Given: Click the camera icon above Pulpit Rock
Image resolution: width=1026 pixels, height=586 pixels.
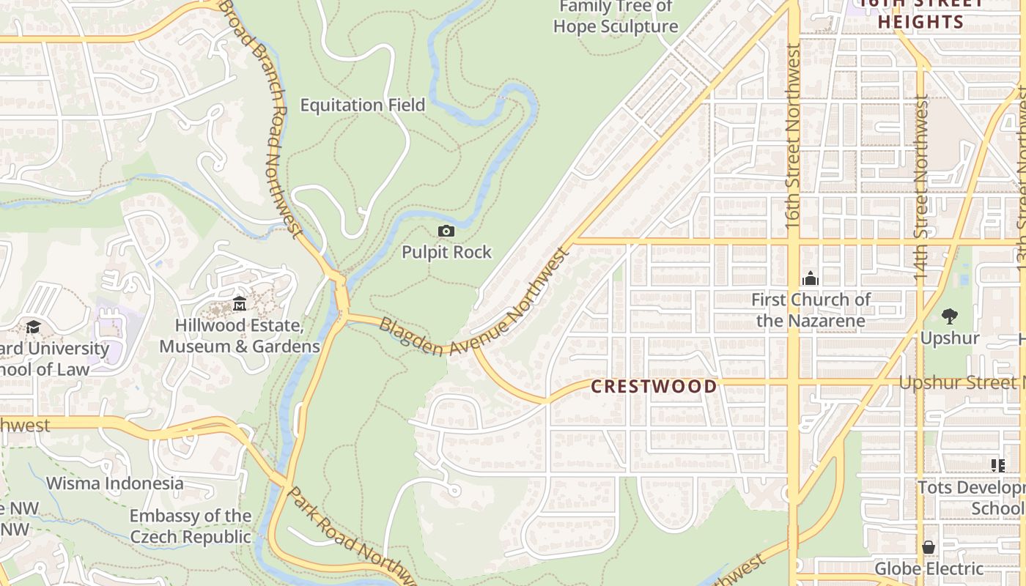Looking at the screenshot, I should pyautogui.click(x=446, y=231).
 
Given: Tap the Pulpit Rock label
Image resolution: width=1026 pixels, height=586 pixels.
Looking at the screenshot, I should pyautogui.click(x=446, y=252).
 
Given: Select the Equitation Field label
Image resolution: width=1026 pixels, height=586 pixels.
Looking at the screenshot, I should pyautogui.click(x=363, y=105).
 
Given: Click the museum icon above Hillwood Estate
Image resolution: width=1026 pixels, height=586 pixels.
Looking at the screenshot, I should pyautogui.click(x=239, y=303).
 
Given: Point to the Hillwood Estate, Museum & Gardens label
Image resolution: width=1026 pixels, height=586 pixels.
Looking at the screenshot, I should pyautogui.click(x=240, y=335).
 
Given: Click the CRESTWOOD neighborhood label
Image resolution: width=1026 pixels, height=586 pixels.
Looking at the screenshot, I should pyautogui.click(x=654, y=387).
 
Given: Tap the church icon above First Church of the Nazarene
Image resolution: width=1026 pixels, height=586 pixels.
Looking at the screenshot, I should pyautogui.click(x=810, y=278).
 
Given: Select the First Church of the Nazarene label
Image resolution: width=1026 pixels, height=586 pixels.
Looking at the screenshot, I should pyautogui.click(x=811, y=310).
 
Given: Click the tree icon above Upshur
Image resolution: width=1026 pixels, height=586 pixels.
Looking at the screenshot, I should pyautogui.click(x=950, y=316).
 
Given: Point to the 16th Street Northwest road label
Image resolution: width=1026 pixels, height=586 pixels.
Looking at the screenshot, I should pyautogui.click(x=793, y=136).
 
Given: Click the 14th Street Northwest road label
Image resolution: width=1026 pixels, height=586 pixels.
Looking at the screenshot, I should pyautogui.click(x=921, y=190).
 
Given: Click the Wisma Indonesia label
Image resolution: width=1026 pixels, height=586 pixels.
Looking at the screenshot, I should pyautogui.click(x=115, y=483).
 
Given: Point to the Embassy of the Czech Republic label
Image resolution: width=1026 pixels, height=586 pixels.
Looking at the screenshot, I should pyautogui.click(x=191, y=526).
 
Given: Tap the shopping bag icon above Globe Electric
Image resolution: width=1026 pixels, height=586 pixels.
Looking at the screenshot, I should pyautogui.click(x=929, y=547).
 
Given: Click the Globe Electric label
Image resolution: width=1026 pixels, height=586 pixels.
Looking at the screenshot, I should pyautogui.click(x=929, y=568).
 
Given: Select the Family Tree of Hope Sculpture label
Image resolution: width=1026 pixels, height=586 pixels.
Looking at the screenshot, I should pyautogui.click(x=616, y=17).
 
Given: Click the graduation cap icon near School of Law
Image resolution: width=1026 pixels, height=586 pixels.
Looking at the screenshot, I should pyautogui.click(x=33, y=327).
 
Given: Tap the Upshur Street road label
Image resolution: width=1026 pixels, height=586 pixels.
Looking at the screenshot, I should pyautogui.click(x=962, y=382).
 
